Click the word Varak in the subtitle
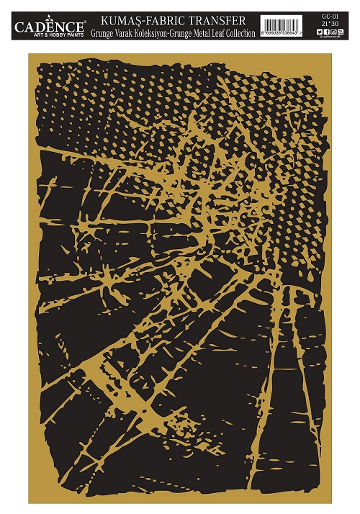click(130, 32)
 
